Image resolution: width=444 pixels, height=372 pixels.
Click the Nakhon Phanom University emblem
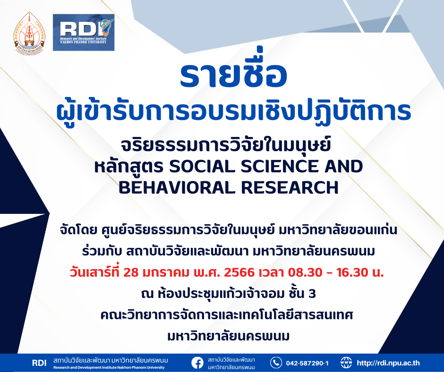(x=29, y=33)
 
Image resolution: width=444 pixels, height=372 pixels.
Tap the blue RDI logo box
(x=84, y=33)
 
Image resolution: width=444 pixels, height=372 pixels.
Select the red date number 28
(x=131, y=272)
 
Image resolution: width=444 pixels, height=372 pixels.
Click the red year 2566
(x=239, y=272)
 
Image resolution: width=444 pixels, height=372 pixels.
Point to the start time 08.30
(x=305, y=272)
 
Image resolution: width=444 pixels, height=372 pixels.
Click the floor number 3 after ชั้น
(x=312, y=294)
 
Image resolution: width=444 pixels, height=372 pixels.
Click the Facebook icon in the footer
(x=197, y=363)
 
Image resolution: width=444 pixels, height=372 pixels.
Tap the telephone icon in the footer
(x=276, y=363)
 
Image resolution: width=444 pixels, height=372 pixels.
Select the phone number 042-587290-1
(x=307, y=363)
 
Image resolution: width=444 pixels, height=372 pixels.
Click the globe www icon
(x=346, y=363)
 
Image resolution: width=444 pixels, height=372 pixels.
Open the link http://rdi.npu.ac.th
(x=388, y=363)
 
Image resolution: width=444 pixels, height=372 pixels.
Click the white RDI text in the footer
(x=39, y=363)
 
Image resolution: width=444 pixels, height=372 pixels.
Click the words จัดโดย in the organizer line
(x=78, y=230)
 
